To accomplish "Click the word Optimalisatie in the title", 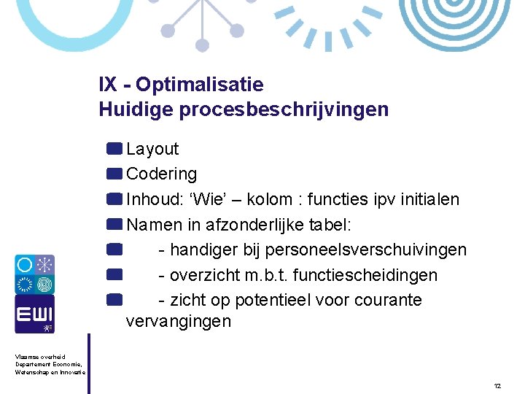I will coord(199,85).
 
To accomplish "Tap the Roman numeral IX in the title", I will coord(107,85).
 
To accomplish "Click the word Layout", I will coord(152,149).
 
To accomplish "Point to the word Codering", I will coord(161,174).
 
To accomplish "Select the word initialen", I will coord(427,199).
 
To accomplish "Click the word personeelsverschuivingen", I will coord(365,250).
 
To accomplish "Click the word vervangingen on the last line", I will coord(178,321).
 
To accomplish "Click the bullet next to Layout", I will coord(113,149).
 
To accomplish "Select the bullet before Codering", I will coord(113,174).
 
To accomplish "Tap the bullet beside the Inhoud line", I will coord(113,199).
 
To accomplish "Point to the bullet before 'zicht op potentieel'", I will coord(113,298).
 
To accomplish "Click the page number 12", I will coord(497,385).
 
